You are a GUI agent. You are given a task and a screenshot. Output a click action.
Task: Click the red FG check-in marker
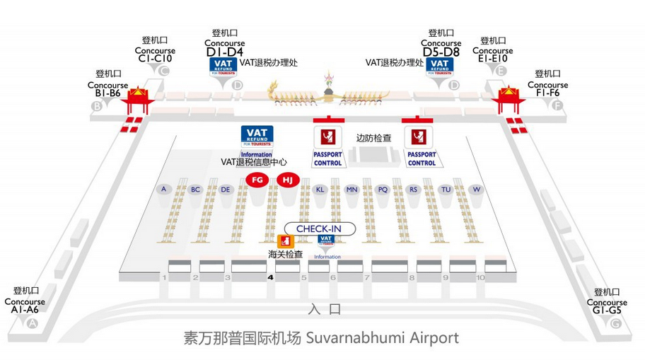click(x=257, y=180)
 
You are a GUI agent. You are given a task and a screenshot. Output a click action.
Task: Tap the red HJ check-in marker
click(x=287, y=180)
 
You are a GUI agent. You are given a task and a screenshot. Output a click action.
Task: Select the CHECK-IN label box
click(x=318, y=229)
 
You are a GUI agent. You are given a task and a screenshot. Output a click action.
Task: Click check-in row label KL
click(x=320, y=190)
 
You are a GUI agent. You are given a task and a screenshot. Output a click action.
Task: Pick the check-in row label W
click(x=477, y=190)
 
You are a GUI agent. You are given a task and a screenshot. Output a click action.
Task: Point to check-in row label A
click(x=163, y=190)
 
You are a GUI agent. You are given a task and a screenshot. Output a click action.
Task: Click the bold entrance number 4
click(x=271, y=278)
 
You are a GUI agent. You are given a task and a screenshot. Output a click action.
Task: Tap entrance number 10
click(x=480, y=278)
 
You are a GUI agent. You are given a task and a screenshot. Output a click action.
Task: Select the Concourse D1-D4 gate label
click(x=225, y=47)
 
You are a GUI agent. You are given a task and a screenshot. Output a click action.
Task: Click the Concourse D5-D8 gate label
click(x=441, y=47)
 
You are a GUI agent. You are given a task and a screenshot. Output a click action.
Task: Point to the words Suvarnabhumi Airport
click(x=383, y=338)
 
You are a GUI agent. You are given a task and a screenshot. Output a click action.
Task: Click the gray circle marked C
click(x=164, y=71)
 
